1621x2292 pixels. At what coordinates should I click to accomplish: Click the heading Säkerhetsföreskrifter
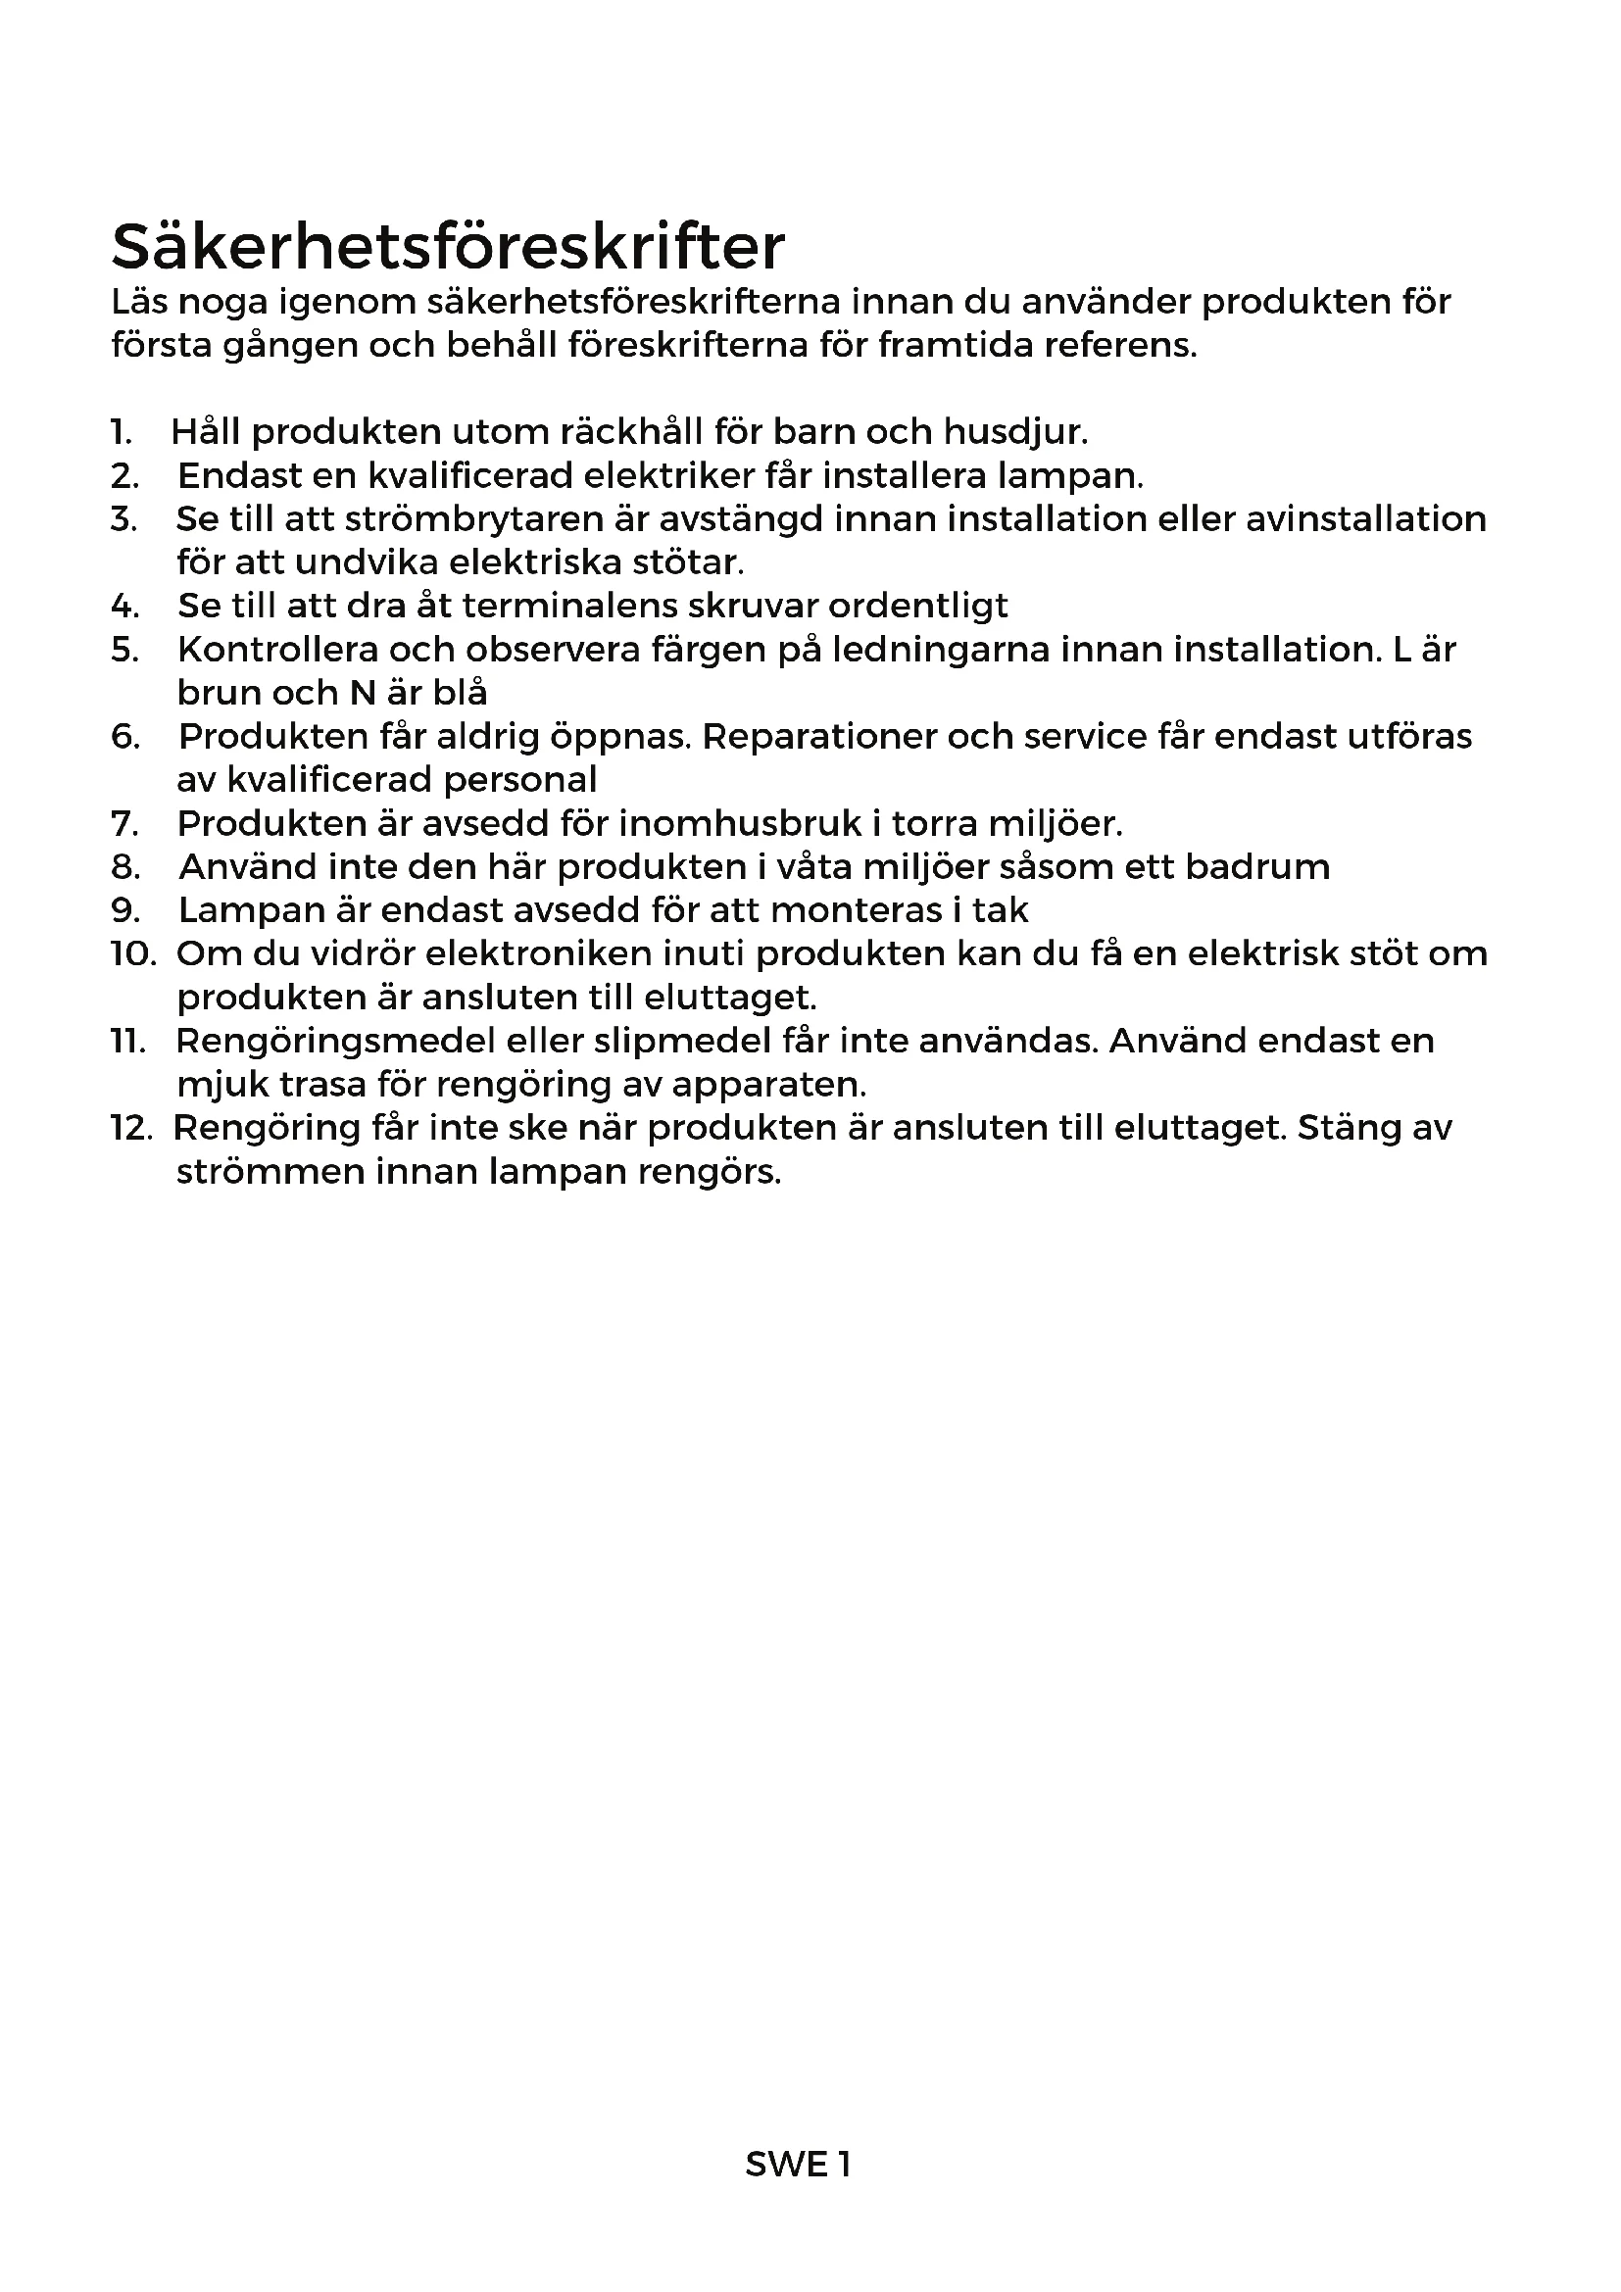447,247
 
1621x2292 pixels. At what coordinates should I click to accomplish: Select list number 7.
123,823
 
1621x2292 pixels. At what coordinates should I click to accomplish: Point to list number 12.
130,1128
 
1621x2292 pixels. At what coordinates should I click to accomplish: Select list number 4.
124,606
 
